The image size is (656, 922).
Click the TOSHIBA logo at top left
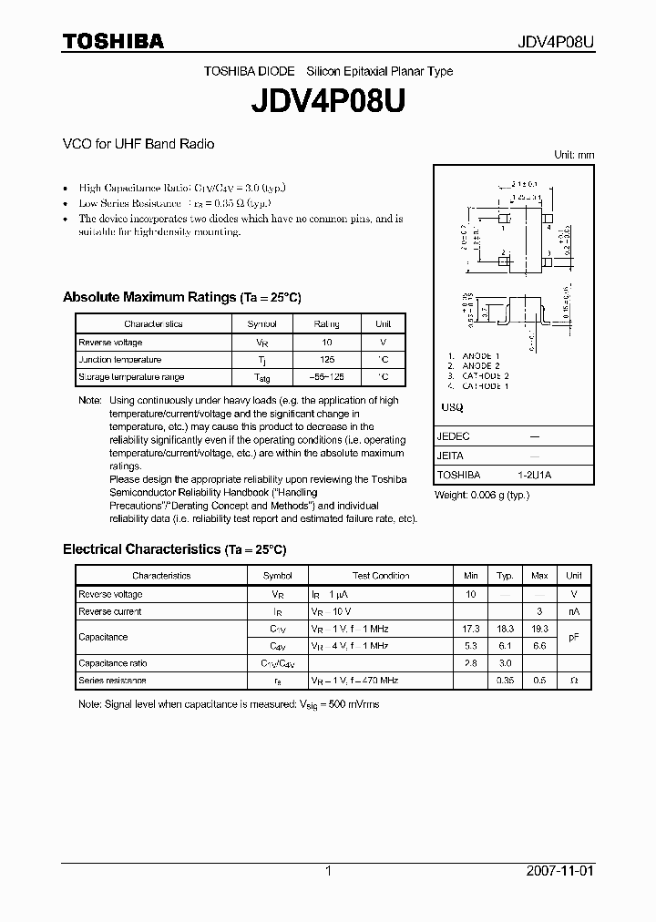point(113,41)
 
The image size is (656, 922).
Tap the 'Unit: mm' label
point(574,155)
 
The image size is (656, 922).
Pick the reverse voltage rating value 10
point(327,342)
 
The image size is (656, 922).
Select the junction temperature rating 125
point(327,360)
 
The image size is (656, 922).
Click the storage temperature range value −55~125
point(327,377)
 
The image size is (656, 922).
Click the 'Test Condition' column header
point(381,576)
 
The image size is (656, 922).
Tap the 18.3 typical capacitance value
point(505,629)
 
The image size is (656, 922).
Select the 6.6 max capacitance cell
point(539,646)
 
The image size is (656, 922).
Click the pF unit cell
point(574,638)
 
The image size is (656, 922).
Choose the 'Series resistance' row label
point(112,681)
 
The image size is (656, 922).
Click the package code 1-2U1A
point(534,475)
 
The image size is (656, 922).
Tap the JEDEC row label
point(453,436)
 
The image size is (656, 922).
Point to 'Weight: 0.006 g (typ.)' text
point(482,495)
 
